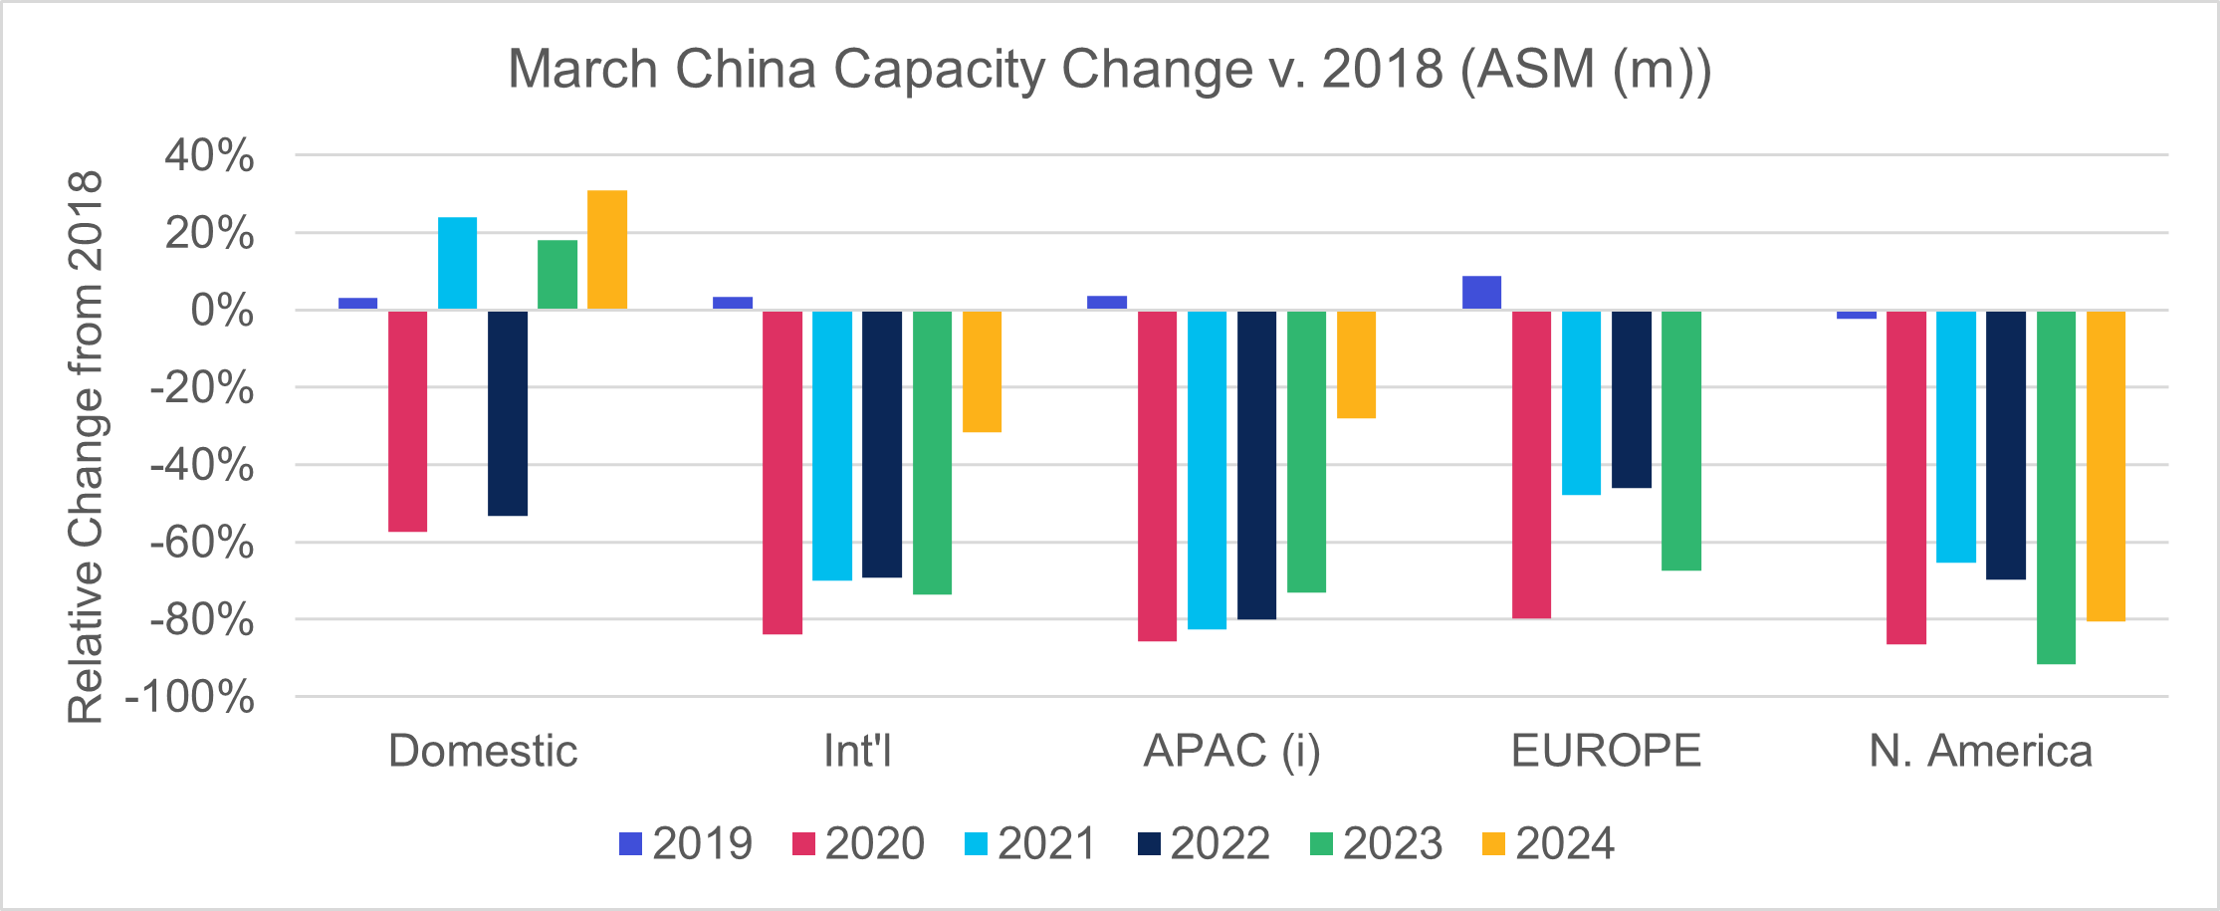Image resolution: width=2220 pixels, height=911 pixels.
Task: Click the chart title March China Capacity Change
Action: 1109,70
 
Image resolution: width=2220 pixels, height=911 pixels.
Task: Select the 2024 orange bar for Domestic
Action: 607,250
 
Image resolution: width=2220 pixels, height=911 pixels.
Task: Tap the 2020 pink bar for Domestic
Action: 407,421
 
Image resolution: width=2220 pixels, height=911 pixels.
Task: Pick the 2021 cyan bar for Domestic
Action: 457,264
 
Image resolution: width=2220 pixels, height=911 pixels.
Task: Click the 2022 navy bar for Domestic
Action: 508,413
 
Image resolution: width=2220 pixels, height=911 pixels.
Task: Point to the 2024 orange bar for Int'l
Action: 982,371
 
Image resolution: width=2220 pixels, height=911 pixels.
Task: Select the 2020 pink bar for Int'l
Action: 782,473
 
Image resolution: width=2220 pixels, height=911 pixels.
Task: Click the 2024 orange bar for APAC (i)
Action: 1356,364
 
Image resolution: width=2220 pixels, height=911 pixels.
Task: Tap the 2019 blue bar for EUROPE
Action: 1481,293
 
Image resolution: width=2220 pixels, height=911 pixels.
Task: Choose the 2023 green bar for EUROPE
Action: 1681,441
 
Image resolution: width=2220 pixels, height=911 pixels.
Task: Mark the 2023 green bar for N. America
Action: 2056,488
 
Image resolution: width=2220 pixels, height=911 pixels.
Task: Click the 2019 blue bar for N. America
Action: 1857,315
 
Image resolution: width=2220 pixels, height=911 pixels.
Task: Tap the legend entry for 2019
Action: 686,844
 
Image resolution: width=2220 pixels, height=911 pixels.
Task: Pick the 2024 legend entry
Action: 1549,844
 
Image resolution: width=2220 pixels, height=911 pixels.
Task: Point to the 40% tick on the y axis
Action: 210,156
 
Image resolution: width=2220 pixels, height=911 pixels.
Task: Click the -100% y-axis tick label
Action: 190,698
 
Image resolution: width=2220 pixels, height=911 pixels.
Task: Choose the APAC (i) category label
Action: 1231,751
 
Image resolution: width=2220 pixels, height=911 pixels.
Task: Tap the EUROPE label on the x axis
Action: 1606,751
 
